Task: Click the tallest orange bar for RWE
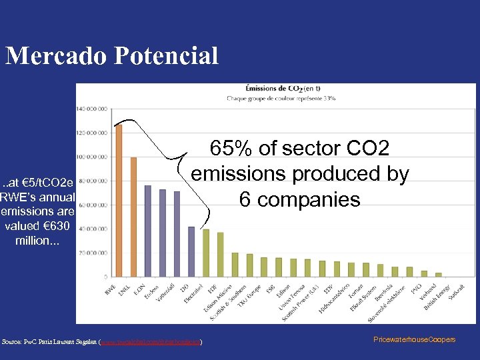(x=119, y=200)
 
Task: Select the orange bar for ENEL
(x=133, y=217)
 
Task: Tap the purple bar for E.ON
(x=148, y=231)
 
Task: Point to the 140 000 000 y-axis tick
(x=93, y=108)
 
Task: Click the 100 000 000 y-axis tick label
(x=93, y=157)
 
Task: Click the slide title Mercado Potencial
(x=112, y=56)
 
